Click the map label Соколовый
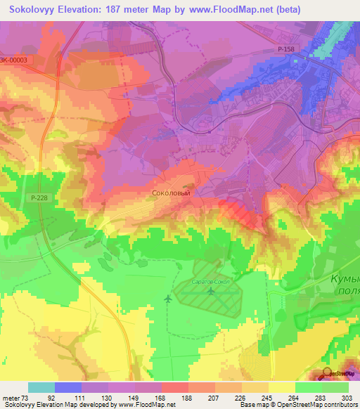tap(171, 191)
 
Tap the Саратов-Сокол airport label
tap(212, 281)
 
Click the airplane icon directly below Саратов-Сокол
tap(212, 290)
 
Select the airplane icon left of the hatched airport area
tap(167, 299)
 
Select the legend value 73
tap(28, 396)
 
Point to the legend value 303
tap(348, 396)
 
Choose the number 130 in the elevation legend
tap(108, 396)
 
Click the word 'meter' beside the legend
tap(11, 396)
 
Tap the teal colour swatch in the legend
tap(41, 387)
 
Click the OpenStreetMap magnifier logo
tap(328, 373)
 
